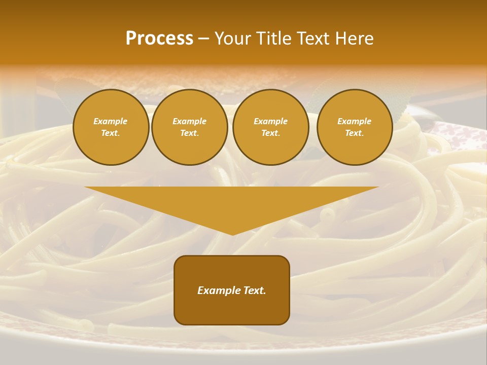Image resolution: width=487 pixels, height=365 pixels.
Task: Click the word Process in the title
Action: [x=159, y=39]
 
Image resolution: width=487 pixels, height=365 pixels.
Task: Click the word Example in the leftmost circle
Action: [x=111, y=121]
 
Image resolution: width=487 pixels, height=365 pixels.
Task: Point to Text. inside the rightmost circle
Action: [x=355, y=133]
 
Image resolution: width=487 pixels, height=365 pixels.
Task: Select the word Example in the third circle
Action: [x=270, y=121]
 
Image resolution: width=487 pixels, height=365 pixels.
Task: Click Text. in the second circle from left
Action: [x=190, y=133]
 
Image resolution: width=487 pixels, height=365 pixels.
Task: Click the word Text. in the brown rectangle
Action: [x=255, y=290]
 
